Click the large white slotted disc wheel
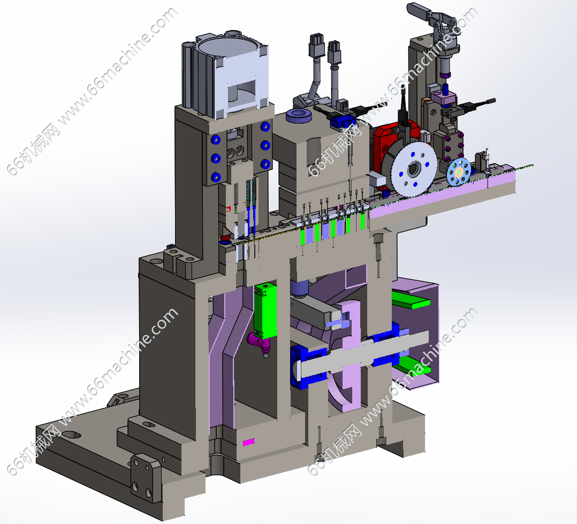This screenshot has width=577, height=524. point(414,169)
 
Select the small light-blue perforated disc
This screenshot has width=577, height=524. point(459,171)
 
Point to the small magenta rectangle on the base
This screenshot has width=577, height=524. point(248,442)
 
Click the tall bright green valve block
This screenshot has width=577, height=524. point(265,310)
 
